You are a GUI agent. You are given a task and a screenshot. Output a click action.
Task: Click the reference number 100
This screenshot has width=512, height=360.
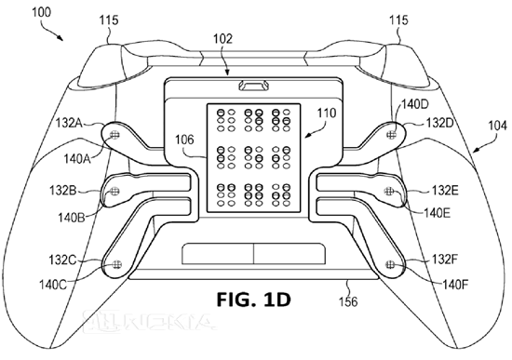click(x=42, y=13)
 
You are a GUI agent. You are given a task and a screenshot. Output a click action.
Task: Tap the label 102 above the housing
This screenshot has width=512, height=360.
click(x=223, y=38)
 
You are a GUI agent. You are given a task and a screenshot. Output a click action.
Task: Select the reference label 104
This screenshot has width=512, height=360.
click(x=498, y=126)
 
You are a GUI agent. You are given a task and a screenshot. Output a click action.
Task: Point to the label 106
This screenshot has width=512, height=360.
click(x=184, y=140)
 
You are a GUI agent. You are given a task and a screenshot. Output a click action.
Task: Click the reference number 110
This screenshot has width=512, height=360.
click(x=327, y=113)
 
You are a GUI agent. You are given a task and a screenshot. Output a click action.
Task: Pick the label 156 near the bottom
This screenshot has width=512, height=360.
click(x=348, y=301)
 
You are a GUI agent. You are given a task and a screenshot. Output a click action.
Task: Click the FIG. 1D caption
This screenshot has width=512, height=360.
click(x=253, y=300)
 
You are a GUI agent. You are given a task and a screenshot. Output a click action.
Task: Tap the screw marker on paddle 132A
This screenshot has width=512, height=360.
click(x=115, y=135)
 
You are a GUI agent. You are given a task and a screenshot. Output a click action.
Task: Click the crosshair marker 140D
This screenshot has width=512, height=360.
click(x=391, y=134)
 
